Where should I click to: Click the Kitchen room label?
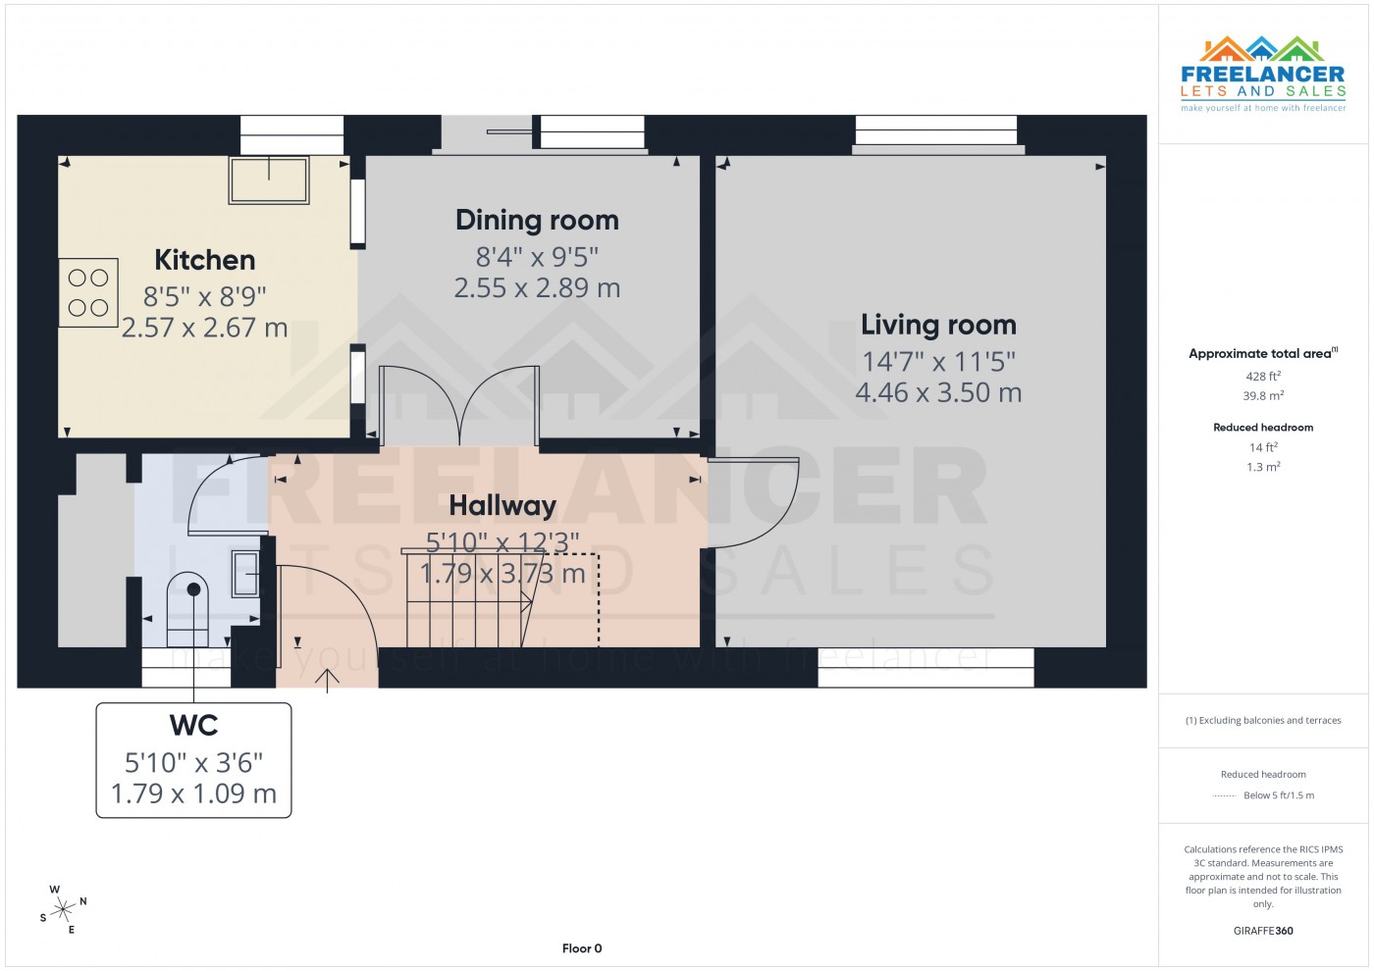(205, 260)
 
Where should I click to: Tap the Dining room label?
(537, 220)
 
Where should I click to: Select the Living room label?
(938, 325)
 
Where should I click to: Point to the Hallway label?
(502, 505)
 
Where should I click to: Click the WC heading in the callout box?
(193, 726)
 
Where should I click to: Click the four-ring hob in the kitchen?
(88, 292)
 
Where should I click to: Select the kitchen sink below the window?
(269, 179)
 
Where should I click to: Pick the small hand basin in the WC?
(245, 574)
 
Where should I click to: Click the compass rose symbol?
(64, 909)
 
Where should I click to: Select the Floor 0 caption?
(582, 948)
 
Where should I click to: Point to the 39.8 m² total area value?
(1263, 396)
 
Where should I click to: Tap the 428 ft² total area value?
(1263, 376)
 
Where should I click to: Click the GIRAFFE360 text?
(1263, 931)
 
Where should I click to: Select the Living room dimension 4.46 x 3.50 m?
(938, 393)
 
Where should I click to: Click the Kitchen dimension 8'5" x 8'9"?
(205, 296)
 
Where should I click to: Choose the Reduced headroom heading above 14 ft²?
(1263, 428)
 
